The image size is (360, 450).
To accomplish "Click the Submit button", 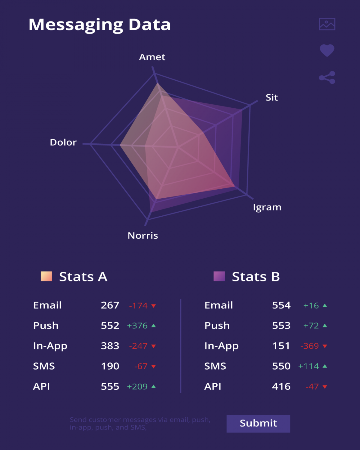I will [258, 423].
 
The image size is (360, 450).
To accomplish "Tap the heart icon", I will [327, 50].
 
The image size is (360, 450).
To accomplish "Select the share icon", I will [327, 78].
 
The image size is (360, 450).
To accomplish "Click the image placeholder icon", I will [327, 24].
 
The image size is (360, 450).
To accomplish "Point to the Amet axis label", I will [152, 57].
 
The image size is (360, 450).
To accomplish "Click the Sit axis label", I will [272, 97].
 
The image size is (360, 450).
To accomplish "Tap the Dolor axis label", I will [63, 142].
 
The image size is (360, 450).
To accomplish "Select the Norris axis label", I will [143, 235].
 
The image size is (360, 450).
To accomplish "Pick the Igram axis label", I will [267, 207].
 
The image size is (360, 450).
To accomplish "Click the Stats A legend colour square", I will [46, 276].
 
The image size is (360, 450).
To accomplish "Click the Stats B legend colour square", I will [219, 276].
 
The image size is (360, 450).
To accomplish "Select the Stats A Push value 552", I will [110, 325].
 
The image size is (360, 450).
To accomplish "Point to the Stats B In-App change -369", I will [309, 346].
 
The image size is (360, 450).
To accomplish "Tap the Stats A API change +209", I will [137, 386].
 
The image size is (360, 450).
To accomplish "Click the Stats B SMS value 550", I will [281, 366].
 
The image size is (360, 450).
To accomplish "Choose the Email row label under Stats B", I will [219, 305].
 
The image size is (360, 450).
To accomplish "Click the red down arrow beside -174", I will [154, 306].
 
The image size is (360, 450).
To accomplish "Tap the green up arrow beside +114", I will [325, 366].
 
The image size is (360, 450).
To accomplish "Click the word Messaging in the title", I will [76, 25].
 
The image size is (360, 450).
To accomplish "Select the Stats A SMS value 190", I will [110, 366].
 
